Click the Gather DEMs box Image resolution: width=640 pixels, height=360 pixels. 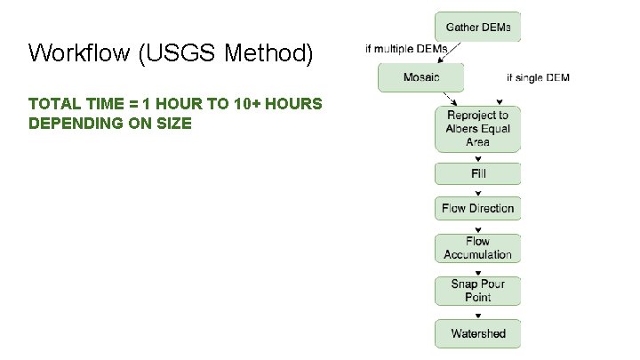point(477,27)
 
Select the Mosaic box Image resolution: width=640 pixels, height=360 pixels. point(421,77)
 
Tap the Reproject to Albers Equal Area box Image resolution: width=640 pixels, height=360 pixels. point(477,129)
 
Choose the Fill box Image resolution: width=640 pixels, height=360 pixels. point(477,173)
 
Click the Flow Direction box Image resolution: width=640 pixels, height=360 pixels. point(477,208)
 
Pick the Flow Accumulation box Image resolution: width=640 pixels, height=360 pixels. point(477,248)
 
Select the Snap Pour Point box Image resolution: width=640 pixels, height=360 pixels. point(477,291)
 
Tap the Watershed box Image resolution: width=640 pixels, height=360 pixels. point(477,333)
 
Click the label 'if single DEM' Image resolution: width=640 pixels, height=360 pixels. point(538,78)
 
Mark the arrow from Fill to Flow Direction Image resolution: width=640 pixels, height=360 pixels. point(477,190)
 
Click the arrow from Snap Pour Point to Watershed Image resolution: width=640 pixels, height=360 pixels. point(477,312)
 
